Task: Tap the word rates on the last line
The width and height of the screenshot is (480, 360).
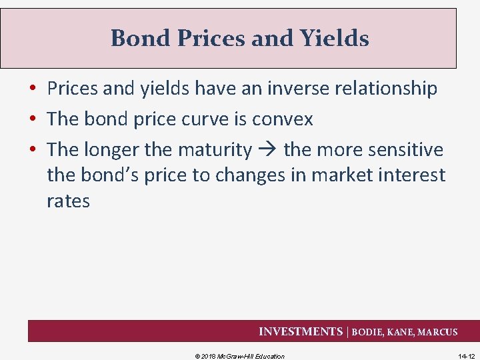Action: point(68,201)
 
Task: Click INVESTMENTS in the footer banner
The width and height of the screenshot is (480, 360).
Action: point(300,331)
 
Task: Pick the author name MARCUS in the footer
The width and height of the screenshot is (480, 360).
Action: point(437,332)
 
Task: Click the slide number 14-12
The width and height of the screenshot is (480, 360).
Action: point(467,356)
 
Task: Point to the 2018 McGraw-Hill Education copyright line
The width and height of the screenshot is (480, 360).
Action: point(239,356)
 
